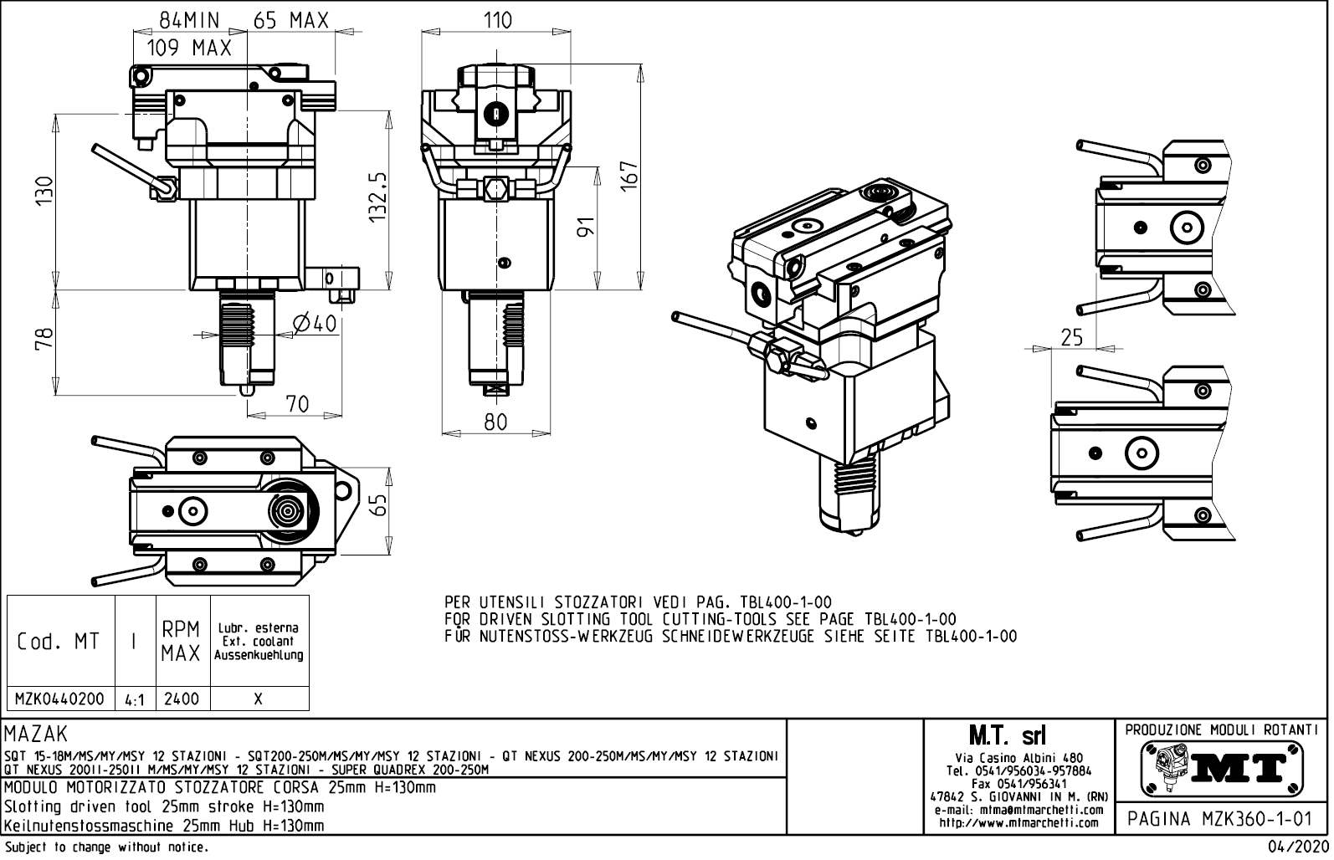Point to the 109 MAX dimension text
(x=189, y=49)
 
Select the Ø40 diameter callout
(x=316, y=323)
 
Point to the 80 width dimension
(x=495, y=422)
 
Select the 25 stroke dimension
(x=1070, y=337)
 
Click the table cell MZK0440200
(x=60, y=699)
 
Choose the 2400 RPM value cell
(x=182, y=699)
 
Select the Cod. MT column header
(x=59, y=642)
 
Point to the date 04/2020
(x=1298, y=847)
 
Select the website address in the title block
(x=1018, y=822)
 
